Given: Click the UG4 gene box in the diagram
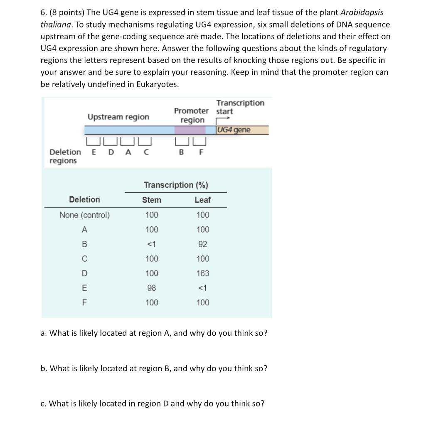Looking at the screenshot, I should [x=242, y=130].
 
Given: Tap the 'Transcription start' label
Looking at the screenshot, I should [x=240, y=107].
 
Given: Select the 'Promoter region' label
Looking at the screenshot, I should [x=192, y=115].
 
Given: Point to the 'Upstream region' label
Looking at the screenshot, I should [x=118, y=117].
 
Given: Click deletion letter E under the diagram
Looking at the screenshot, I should [x=94, y=152].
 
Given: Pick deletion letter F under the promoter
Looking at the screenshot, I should [x=201, y=152].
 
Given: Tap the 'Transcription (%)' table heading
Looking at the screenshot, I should [x=176, y=185].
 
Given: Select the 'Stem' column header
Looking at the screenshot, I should [x=152, y=200].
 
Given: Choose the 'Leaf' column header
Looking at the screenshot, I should [x=202, y=200].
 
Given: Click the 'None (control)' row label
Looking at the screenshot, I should [x=85, y=215].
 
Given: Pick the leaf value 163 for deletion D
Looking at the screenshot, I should [x=202, y=273].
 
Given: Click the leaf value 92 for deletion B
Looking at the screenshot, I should [x=202, y=244].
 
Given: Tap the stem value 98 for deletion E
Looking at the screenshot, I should [x=152, y=288].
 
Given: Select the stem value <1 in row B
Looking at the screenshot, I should [x=152, y=244].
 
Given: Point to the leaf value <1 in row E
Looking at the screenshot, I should [x=202, y=288].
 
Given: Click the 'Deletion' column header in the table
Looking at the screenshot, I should [x=84, y=200].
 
